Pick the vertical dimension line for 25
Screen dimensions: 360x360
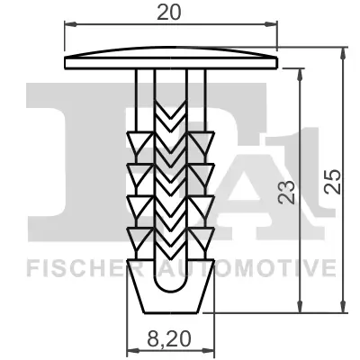pos(345,180)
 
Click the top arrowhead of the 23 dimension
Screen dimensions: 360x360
pos(301,71)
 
